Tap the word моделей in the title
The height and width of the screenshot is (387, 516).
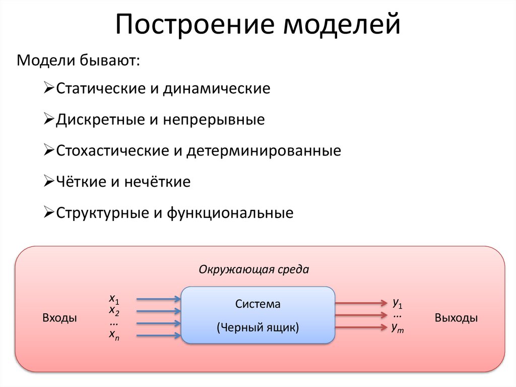(x=342, y=26)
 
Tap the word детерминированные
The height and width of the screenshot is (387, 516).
(x=263, y=150)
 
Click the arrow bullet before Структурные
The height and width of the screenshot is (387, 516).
(x=49, y=212)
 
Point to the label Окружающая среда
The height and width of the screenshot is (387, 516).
(x=253, y=269)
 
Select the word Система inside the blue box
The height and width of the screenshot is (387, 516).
(x=257, y=304)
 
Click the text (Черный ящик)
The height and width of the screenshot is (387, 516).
(x=258, y=327)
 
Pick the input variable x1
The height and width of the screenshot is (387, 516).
(x=114, y=297)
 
